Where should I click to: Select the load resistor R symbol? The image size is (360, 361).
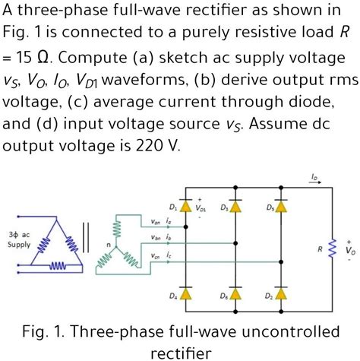tap(332, 249)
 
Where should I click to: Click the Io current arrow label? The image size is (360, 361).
tap(314, 176)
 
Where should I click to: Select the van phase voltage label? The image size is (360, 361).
tap(155, 222)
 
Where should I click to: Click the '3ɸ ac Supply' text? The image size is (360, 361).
tap(19, 239)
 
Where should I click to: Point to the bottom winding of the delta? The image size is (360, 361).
tap(57, 267)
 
